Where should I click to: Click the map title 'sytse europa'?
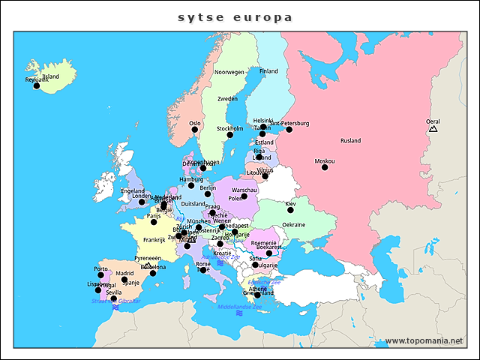(x=235, y=16)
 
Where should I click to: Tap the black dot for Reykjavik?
(x=36, y=85)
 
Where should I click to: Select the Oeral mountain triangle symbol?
(x=433, y=129)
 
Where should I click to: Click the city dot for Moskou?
(x=325, y=167)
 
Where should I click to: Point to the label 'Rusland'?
(x=350, y=141)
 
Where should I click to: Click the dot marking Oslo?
(x=194, y=130)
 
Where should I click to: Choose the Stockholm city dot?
(x=230, y=135)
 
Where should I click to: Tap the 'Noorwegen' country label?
(x=229, y=73)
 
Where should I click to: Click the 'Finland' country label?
(x=268, y=71)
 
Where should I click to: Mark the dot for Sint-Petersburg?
(x=289, y=130)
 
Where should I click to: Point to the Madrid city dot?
(x=124, y=280)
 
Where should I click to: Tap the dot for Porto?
(x=100, y=275)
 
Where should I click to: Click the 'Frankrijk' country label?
(x=154, y=240)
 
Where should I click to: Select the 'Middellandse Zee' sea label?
(x=240, y=307)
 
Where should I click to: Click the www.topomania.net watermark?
(x=424, y=340)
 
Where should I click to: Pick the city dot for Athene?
(x=257, y=295)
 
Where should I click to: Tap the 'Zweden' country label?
(x=227, y=99)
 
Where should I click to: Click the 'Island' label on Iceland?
(x=50, y=76)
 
